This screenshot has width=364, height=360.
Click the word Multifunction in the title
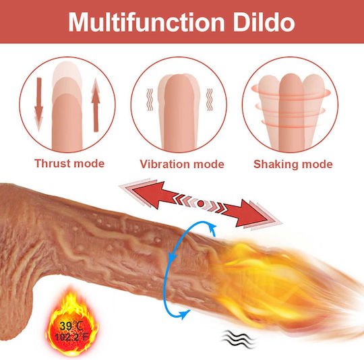click(146, 22)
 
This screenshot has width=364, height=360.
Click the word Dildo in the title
click(264, 22)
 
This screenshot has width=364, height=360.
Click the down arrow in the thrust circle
click(38, 104)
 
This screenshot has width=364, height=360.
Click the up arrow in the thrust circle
click(96, 105)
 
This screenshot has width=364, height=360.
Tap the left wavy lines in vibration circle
click(150, 99)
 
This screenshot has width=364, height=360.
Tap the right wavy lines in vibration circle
click(210, 99)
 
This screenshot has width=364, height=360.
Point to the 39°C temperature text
click(71, 326)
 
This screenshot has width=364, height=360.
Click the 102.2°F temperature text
click(71, 337)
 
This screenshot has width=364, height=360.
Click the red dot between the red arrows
click(201, 204)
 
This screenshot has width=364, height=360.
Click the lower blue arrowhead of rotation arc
click(185, 314)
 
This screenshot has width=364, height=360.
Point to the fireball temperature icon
click(72, 323)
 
